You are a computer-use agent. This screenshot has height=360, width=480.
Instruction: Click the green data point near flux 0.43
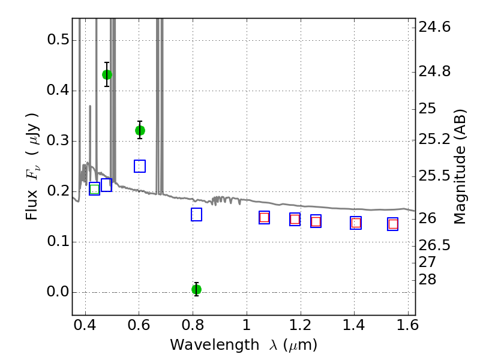click(107, 74)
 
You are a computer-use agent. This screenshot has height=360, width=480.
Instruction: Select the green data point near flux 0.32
click(140, 130)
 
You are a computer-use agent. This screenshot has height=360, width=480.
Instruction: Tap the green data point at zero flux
click(197, 289)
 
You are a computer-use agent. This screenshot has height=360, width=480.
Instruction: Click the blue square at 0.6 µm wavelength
click(140, 166)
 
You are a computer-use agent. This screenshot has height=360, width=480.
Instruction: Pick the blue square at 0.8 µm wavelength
click(196, 215)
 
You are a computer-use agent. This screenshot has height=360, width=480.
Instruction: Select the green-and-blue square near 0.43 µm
click(95, 189)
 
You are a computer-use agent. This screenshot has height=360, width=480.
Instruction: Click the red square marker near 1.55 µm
click(393, 224)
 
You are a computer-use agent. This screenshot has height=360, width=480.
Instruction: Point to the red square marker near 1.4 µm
click(356, 223)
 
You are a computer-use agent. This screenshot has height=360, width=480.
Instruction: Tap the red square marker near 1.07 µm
click(264, 218)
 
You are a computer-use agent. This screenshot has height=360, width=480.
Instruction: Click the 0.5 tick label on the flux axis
click(58, 40)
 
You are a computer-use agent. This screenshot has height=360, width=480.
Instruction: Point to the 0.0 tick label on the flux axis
click(58, 292)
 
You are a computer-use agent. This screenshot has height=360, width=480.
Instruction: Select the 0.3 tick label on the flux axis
click(58, 140)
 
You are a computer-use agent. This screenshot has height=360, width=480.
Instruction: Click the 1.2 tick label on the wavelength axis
click(301, 325)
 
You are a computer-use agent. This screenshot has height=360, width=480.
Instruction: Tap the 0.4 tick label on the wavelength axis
click(85, 325)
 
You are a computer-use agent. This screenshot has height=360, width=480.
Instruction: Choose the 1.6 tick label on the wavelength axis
click(408, 325)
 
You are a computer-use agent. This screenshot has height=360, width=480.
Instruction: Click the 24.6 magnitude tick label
click(434, 27)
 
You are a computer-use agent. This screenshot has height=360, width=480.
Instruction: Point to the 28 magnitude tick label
click(427, 280)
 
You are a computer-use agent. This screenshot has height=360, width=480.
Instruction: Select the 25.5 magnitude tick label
click(434, 176)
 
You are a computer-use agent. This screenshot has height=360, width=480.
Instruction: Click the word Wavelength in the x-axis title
click(215, 345)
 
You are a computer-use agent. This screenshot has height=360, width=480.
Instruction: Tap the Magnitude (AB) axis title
click(459, 167)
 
